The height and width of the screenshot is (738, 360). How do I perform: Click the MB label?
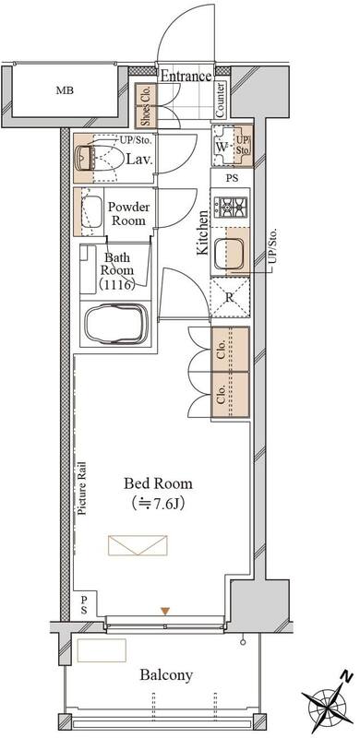tap(65, 90)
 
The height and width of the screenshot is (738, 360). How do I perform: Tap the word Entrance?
tap(186, 76)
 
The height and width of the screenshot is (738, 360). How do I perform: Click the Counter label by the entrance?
tap(221, 100)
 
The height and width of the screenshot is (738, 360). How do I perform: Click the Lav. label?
tap(139, 159)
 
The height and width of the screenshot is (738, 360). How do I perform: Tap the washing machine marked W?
tap(224, 146)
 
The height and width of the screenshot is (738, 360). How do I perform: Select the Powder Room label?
tap(128, 214)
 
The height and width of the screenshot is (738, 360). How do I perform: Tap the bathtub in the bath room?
tap(116, 324)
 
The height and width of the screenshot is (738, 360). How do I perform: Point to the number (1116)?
tap(117, 284)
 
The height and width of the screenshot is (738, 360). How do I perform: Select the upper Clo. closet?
tap(230, 350)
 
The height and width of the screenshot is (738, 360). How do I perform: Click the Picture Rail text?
tap(82, 489)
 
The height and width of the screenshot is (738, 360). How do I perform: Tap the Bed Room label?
tap(159, 483)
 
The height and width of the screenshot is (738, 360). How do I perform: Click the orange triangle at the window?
tap(164, 611)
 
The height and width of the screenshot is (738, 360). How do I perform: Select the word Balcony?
tap(166, 675)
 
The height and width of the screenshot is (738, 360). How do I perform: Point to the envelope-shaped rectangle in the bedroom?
tap(138, 545)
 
